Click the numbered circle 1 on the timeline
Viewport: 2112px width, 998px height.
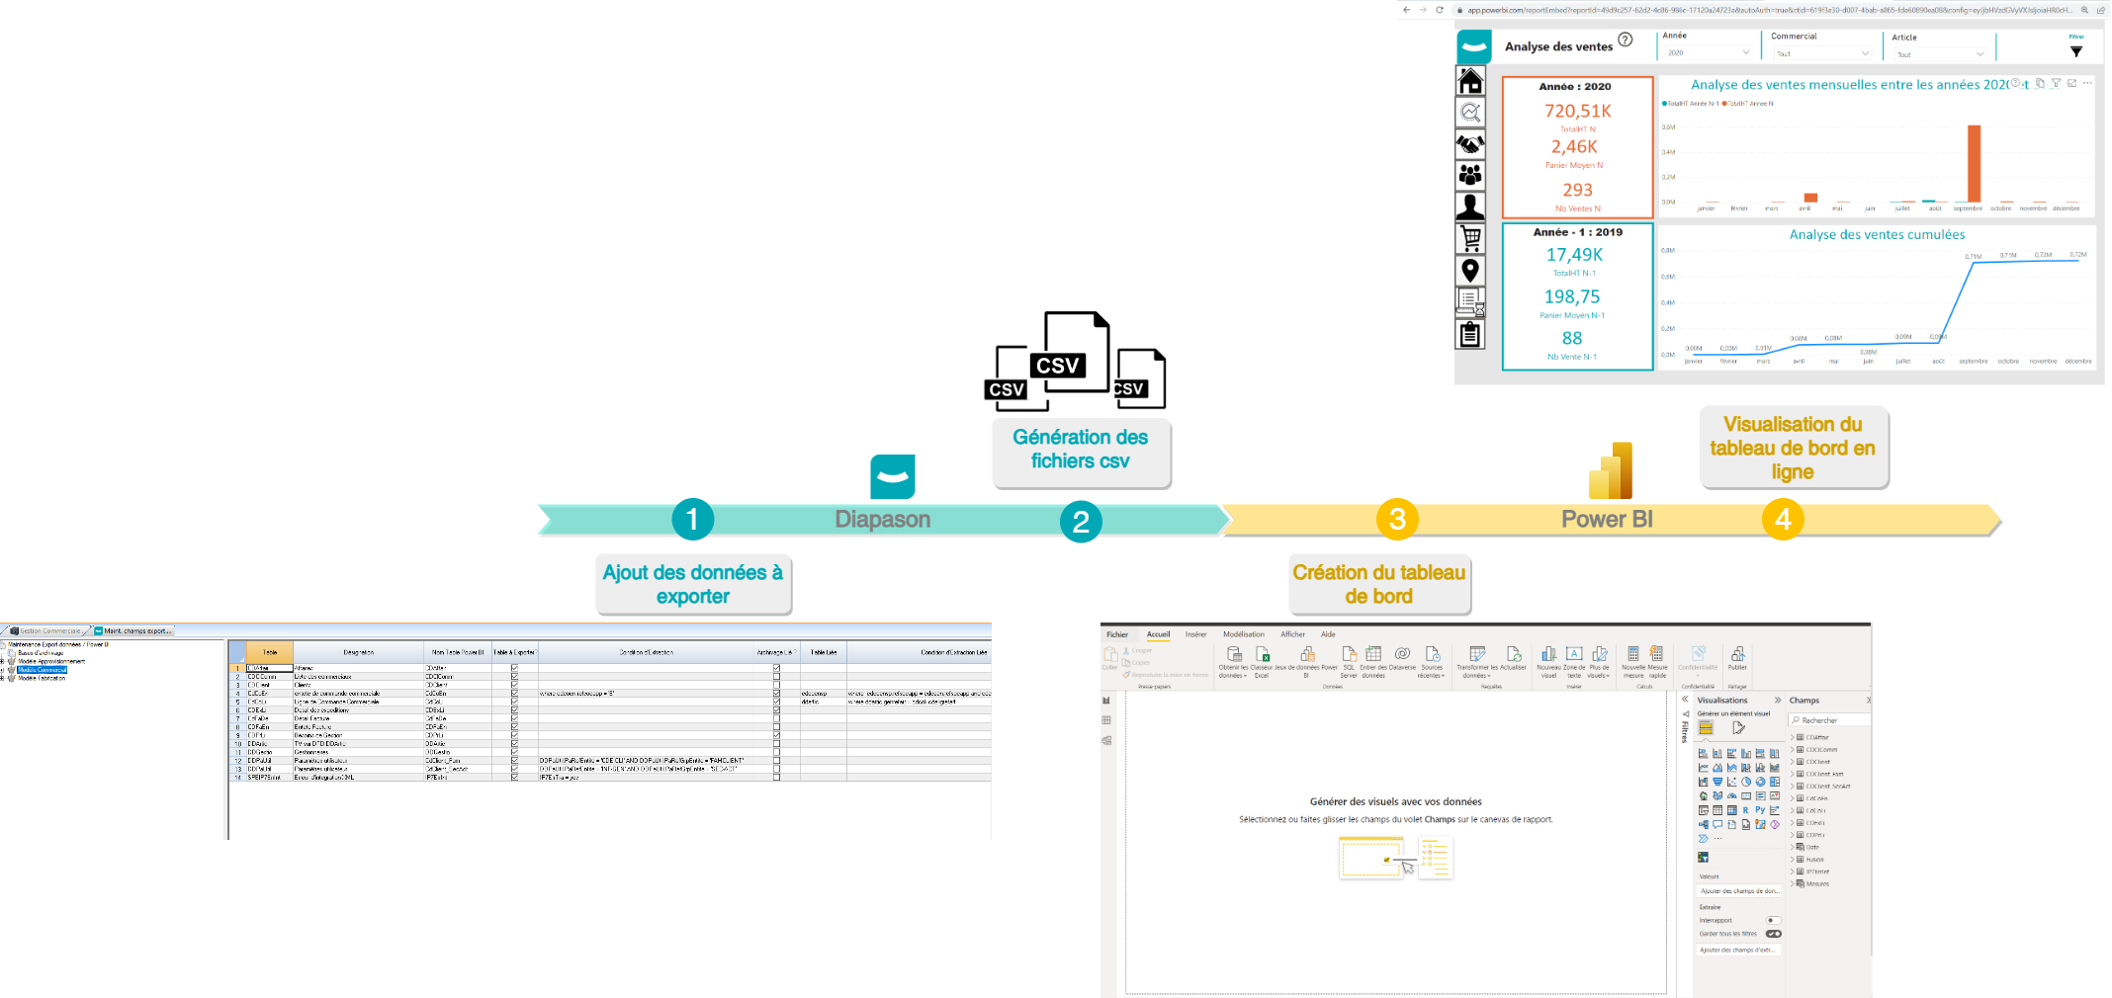click(x=692, y=519)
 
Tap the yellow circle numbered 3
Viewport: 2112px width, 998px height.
click(x=1397, y=519)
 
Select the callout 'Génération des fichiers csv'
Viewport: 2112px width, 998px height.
click(x=1081, y=450)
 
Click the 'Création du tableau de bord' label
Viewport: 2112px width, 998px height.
click(x=1378, y=583)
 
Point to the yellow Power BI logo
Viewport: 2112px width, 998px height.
click(x=1611, y=471)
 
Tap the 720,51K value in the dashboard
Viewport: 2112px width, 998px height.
click(x=1577, y=111)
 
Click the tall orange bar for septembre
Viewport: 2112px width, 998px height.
click(x=1974, y=164)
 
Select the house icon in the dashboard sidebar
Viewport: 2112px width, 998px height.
click(x=1470, y=81)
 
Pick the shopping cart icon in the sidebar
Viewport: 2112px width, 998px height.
click(x=1470, y=238)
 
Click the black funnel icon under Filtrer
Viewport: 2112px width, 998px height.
click(x=2076, y=51)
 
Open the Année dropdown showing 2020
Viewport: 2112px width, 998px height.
click(x=1708, y=52)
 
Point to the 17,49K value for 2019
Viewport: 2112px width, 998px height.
click(x=1574, y=255)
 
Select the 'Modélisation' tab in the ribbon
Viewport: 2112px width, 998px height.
click(x=1243, y=634)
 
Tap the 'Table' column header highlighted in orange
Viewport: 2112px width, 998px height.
click(x=269, y=652)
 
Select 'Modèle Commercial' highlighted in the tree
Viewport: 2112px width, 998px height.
click(x=42, y=670)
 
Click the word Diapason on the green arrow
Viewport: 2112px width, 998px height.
click(x=882, y=519)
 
